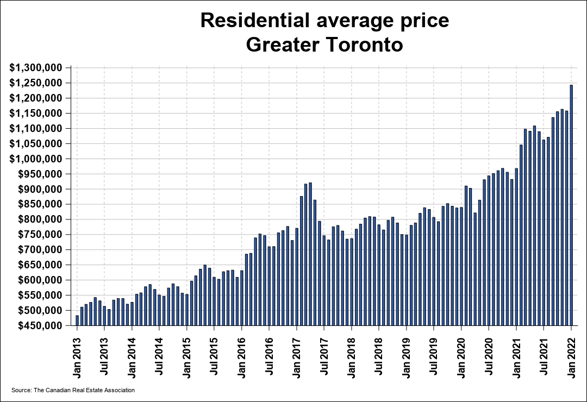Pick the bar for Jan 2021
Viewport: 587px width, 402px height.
[x=516, y=247]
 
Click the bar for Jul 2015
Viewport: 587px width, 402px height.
[x=214, y=301]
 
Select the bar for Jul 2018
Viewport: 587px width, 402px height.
[x=379, y=275]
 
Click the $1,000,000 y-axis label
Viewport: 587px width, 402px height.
[x=37, y=159]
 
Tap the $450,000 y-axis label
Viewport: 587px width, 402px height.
[x=37, y=326]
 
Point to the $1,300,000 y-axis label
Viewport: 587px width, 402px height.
[x=37, y=68]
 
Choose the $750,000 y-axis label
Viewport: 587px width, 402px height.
[x=37, y=235]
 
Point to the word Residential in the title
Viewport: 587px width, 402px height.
[x=255, y=21]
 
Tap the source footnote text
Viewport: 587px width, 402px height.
[x=73, y=390]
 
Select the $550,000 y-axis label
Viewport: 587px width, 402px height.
[x=37, y=296]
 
